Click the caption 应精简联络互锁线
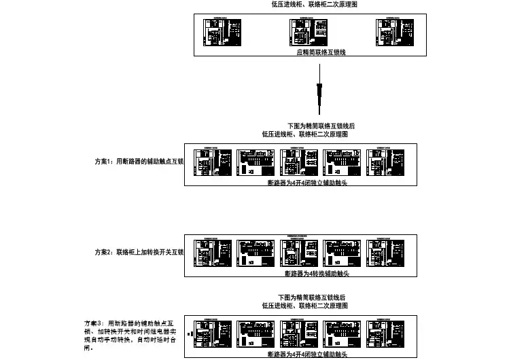pos(321,52)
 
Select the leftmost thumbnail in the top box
pos(222,33)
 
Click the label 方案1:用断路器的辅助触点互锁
pos(139,162)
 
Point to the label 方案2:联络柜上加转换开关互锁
pos(139,252)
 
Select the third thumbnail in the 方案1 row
pos(298,164)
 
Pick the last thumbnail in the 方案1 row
pos(384,164)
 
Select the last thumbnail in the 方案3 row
pos(384,334)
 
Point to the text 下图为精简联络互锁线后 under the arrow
pos(321,126)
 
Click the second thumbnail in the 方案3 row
pos(256,334)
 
